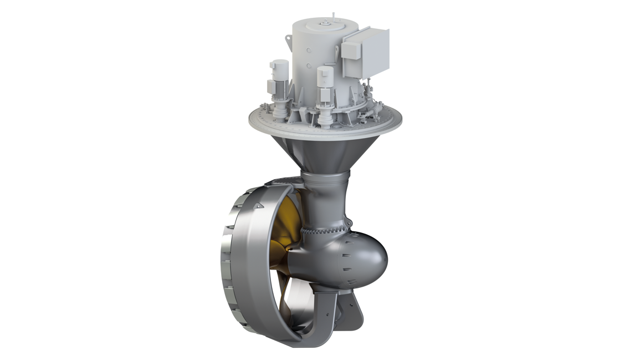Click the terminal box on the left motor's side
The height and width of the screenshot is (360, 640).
(270, 86)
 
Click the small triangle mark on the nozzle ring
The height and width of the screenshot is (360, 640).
(259, 206)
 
